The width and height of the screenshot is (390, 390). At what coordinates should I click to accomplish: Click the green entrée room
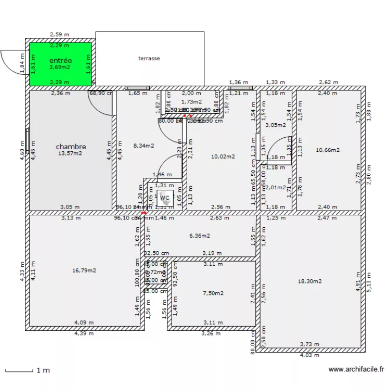click(x=60, y=64)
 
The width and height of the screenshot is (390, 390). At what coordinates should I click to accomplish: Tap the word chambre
click(x=71, y=147)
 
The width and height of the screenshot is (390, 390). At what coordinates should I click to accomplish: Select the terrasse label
click(x=149, y=59)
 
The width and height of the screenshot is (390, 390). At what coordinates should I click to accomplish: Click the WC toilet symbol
click(x=165, y=198)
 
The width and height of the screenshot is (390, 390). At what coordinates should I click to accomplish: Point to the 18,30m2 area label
click(x=309, y=281)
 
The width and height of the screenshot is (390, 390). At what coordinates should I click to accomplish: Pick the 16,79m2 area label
click(x=84, y=270)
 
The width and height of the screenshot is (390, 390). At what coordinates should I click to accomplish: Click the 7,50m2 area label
click(x=213, y=293)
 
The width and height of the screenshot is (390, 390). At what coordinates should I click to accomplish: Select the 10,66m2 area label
click(x=328, y=150)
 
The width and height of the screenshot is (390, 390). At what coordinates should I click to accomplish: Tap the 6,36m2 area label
click(x=199, y=236)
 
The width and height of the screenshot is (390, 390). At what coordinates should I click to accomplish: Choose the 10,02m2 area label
click(x=223, y=157)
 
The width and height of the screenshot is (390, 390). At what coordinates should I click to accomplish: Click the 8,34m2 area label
click(x=144, y=146)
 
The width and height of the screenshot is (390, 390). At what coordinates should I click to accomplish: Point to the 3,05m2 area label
click(x=276, y=125)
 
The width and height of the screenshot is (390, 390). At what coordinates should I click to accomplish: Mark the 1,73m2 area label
click(x=191, y=102)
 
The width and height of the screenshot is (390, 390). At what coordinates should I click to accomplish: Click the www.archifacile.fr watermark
click(x=356, y=370)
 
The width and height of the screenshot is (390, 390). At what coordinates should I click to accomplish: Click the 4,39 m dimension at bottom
click(x=84, y=333)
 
